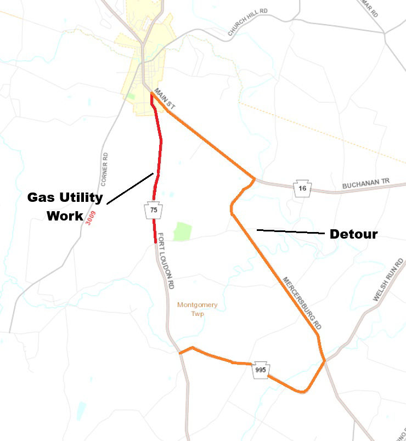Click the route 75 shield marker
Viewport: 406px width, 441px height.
[153, 210]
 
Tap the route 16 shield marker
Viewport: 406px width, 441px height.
[303, 188]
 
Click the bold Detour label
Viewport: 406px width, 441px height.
[353, 234]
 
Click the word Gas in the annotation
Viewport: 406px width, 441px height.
[41, 197]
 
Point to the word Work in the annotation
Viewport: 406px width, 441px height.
[64, 216]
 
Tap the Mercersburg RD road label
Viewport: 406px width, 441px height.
[302, 303]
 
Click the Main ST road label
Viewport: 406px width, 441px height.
[164, 98]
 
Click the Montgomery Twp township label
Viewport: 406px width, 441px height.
[197, 309]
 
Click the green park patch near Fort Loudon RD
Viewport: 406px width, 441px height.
[182, 231]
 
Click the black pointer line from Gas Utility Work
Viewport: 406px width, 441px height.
[129, 189]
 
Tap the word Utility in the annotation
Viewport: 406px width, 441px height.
[83, 197]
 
